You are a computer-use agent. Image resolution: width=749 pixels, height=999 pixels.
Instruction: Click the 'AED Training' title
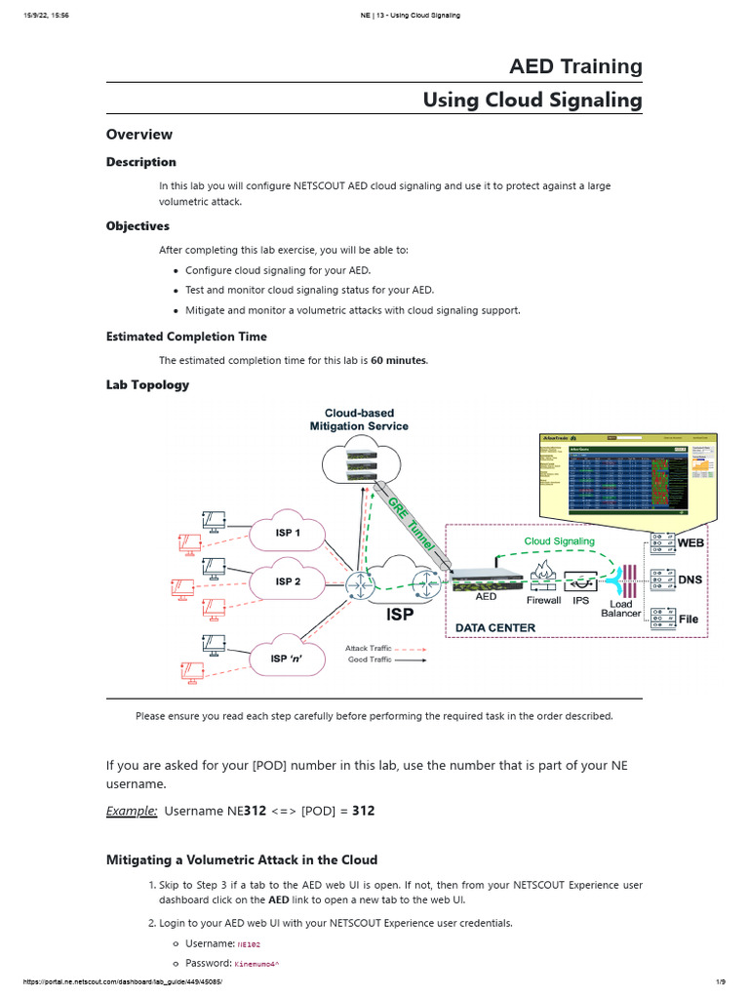coord(575,66)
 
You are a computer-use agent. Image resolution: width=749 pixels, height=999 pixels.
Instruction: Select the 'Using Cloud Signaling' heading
coord(532,100)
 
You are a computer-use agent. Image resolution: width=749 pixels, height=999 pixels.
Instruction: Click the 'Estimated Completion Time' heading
coord(186,337)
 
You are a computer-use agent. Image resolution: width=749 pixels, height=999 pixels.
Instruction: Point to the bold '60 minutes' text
coord(398,360)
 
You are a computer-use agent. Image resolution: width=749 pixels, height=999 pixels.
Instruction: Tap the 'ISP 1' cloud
coord(288,534)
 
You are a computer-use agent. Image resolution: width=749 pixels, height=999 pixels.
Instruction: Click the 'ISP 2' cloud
coord(288,581)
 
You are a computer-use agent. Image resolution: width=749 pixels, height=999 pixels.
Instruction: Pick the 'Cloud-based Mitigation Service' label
coord(359,420)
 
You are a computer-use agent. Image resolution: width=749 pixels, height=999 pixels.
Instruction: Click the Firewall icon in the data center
coord(543,577)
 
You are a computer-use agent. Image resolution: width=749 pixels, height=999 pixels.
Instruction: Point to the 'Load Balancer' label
coord(621,609)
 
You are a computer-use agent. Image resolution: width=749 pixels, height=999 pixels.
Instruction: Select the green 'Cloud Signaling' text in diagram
coord(559,540)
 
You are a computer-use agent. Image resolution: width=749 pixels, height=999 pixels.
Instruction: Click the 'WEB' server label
coord(690,542)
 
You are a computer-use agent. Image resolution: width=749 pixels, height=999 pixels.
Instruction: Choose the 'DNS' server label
coord(690,579)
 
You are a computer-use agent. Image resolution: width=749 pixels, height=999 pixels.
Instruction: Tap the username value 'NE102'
coord(249,944)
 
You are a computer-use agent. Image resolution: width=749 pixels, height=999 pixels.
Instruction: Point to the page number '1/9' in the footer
coord(721,981)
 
